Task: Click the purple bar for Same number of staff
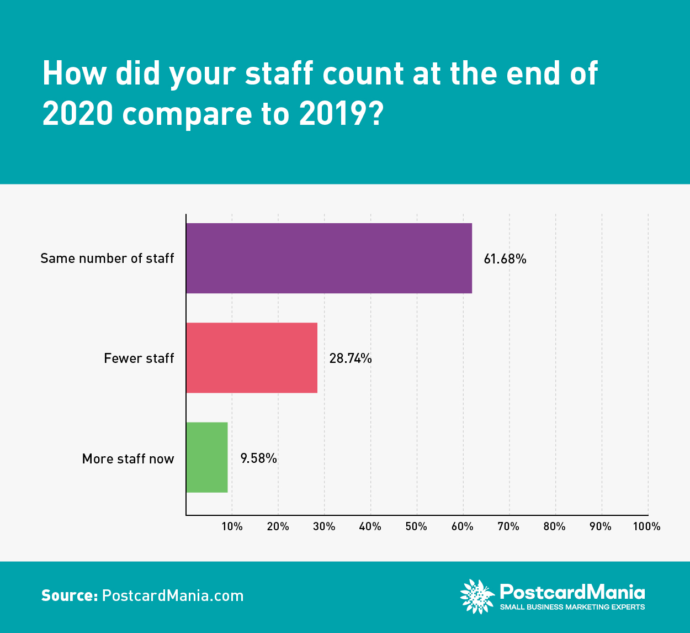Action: coord(329,258)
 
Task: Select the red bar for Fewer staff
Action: coord(252,358)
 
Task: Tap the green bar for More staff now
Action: coord(207,457)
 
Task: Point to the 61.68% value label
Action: coord(505,259)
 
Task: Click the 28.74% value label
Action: coord(351,358)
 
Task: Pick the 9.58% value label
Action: coord(258,458)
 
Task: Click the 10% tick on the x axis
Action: coord(232,526)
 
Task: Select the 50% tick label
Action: coord(416,526)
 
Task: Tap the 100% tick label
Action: coord(646,526)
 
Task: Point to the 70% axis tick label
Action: coord(508,526)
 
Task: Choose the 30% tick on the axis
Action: coord(324,526)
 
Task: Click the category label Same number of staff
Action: coord(107,259)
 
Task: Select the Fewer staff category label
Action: coord(139,358)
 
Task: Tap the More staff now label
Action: coord(128,459)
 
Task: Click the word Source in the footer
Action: coord(69,596)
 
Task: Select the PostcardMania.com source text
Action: coord(173,596)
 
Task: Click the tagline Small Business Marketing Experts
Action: coord(572,607)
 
